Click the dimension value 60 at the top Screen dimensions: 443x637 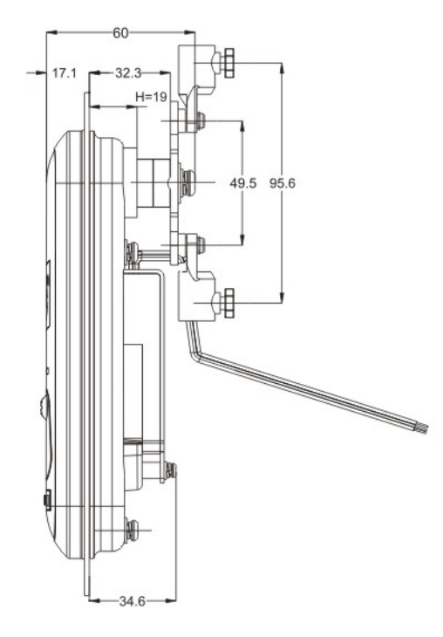click(120, 33)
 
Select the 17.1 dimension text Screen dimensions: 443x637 click(65, 73)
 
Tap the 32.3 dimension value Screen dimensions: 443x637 click(128, 72)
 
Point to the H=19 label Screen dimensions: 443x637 click(151, 97)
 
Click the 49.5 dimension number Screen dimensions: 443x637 click(243, 183)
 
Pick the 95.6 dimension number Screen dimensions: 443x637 click(283, 183)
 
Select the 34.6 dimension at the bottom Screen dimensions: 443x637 click(133, 601)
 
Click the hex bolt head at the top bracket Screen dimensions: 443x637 click(228, 63)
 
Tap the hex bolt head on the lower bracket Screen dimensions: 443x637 click(228, 303)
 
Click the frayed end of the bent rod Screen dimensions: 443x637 click(422, 428)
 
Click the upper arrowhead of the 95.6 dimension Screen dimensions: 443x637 click(283, 68)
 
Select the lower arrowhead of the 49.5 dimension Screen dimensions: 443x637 click(242, 240)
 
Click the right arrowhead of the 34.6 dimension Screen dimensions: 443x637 click(171, 601)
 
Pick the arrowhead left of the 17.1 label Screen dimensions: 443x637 click(41, 72)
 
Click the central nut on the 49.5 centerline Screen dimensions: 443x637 click(187, 182)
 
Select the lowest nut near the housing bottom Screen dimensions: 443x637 click(132, 531)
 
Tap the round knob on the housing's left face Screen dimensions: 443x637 click(44, 405)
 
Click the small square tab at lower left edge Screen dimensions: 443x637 click(47, 501)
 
